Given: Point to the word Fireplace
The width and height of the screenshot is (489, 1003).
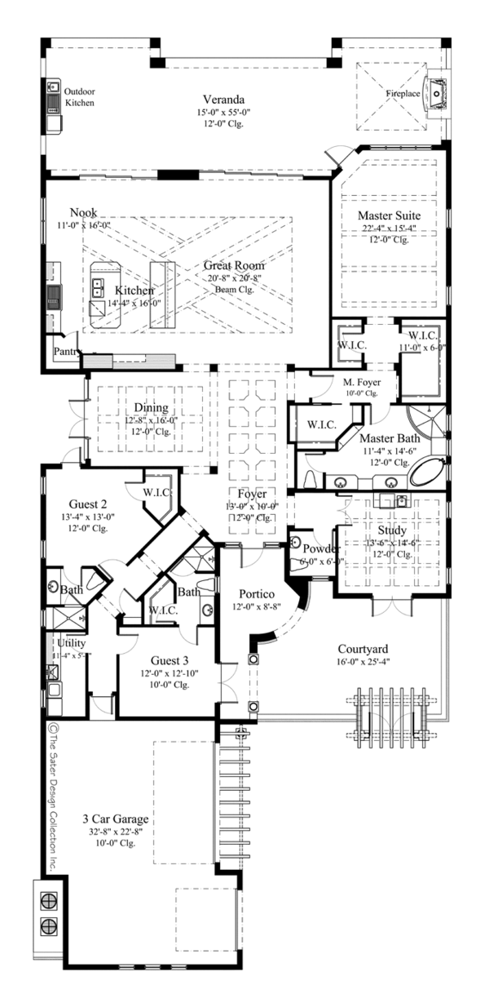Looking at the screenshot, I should click(403, 94).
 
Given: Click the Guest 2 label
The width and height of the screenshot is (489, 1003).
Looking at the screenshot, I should click(74, 504).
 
